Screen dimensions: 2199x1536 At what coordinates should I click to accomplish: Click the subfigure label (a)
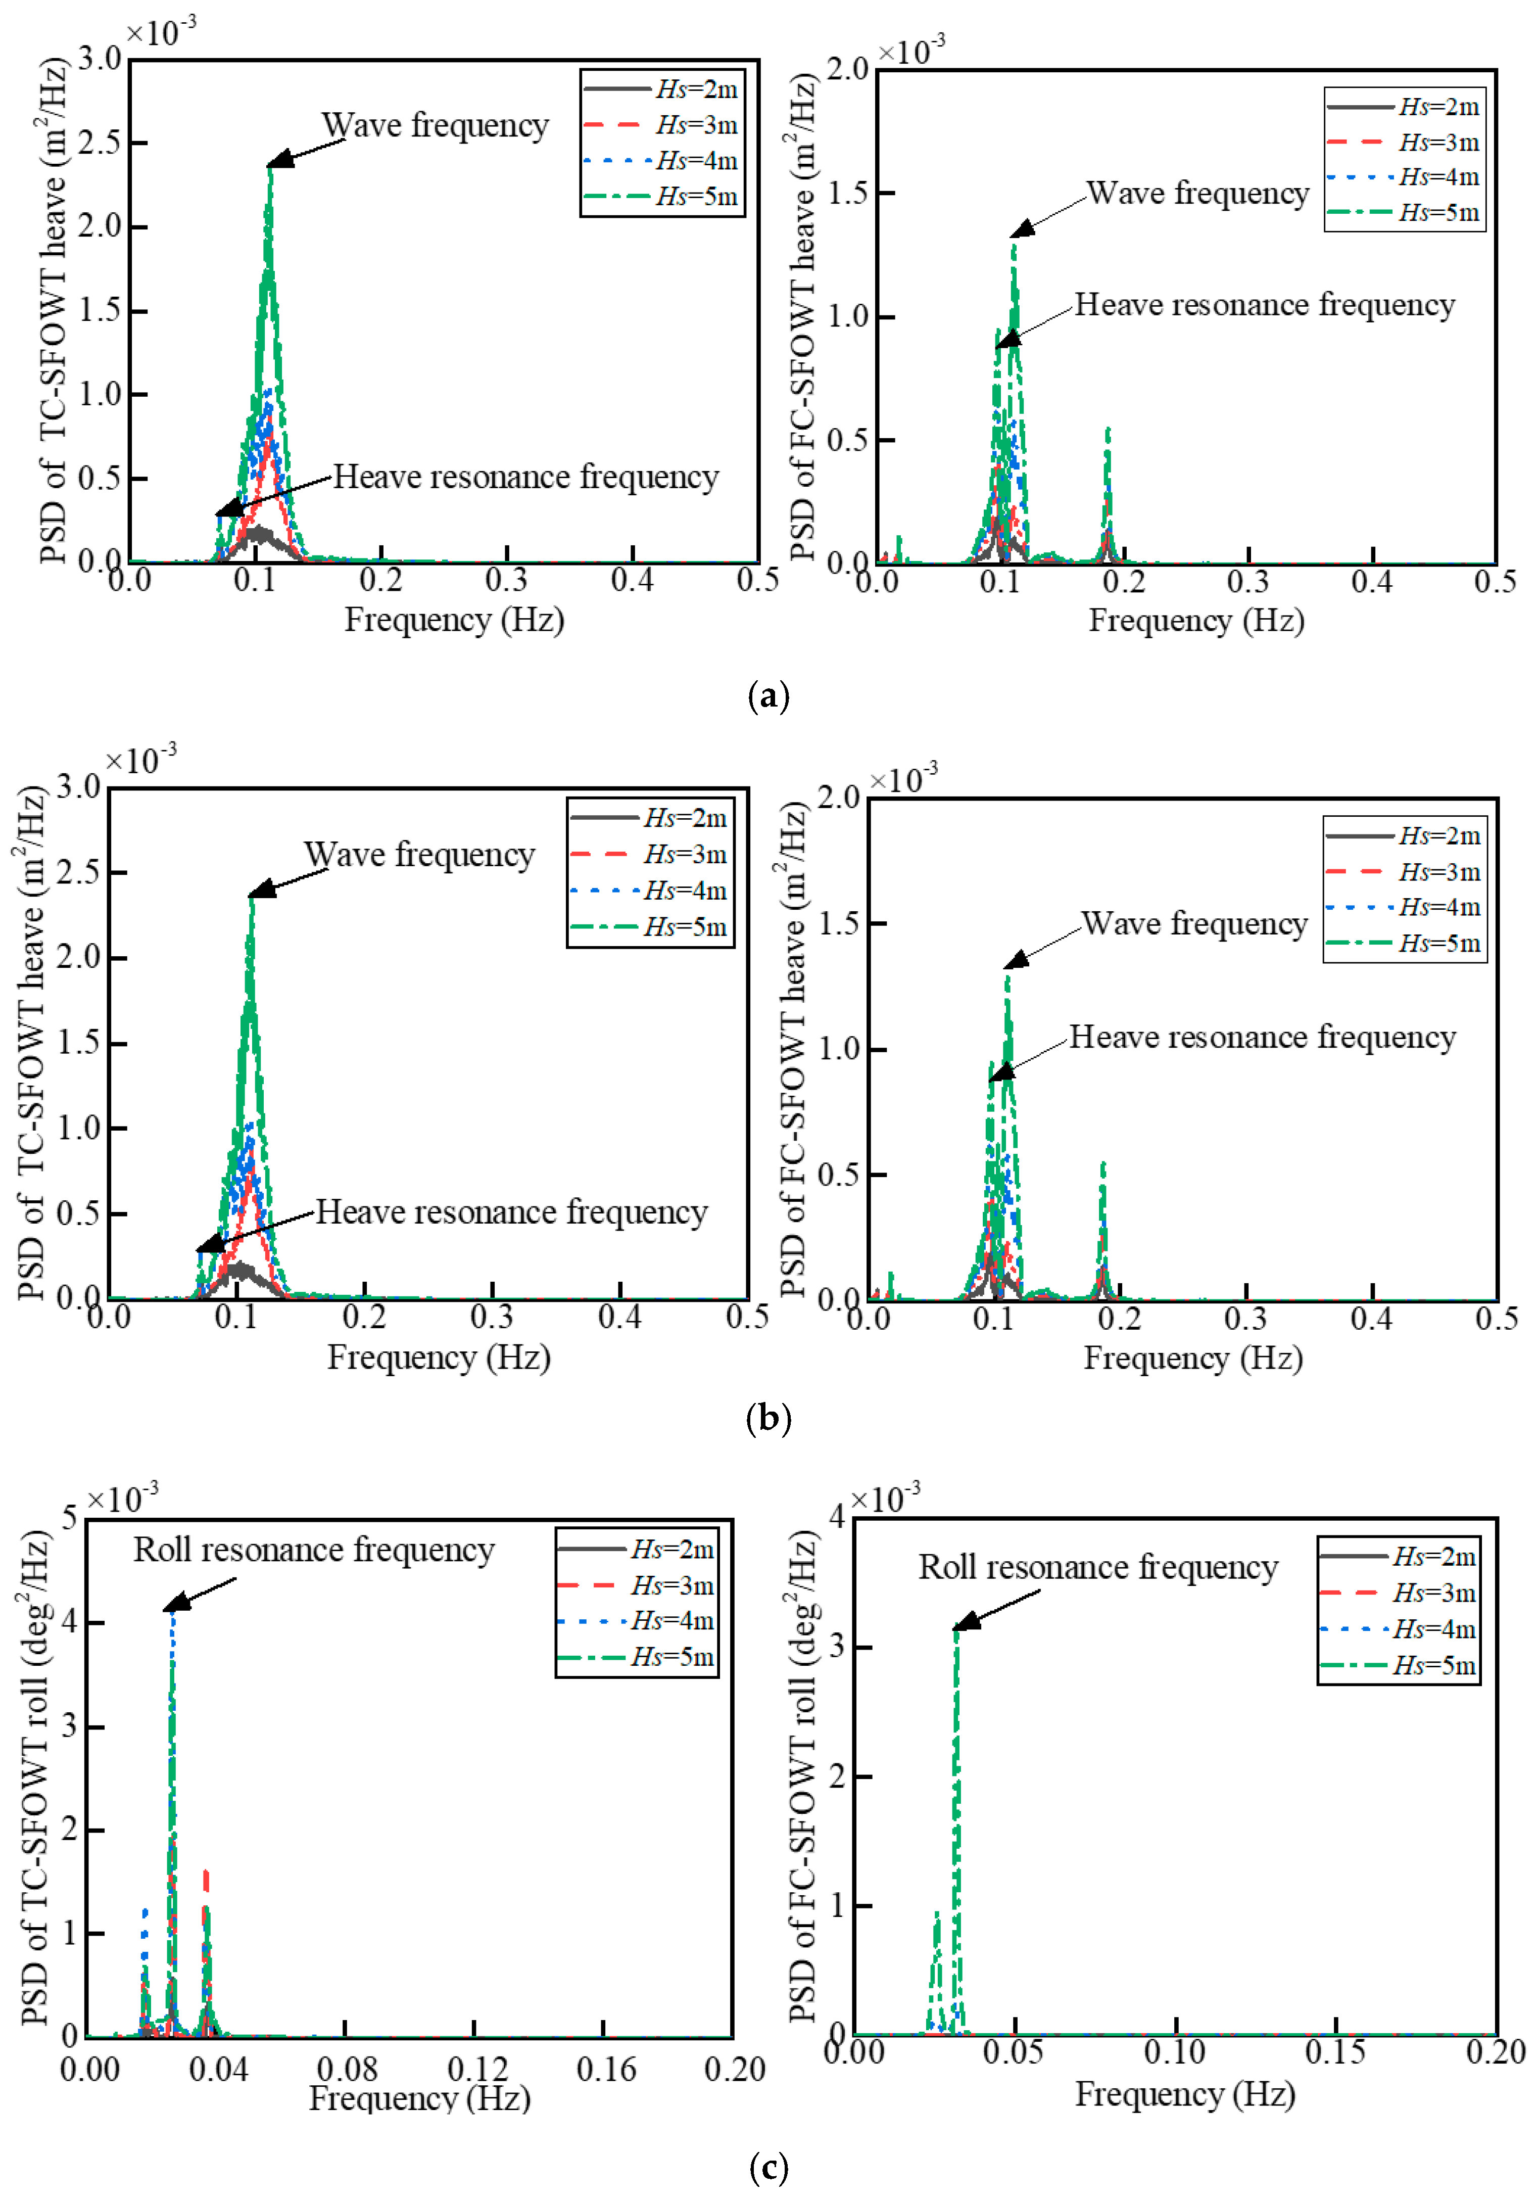(768, 695)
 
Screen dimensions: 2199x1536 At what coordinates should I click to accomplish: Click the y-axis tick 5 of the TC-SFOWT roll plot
(69, 1517)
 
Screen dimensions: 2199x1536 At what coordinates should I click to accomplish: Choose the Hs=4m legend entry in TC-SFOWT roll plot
(637, 1620)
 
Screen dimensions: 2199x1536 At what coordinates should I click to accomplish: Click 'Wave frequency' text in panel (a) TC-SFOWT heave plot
(435, 125)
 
